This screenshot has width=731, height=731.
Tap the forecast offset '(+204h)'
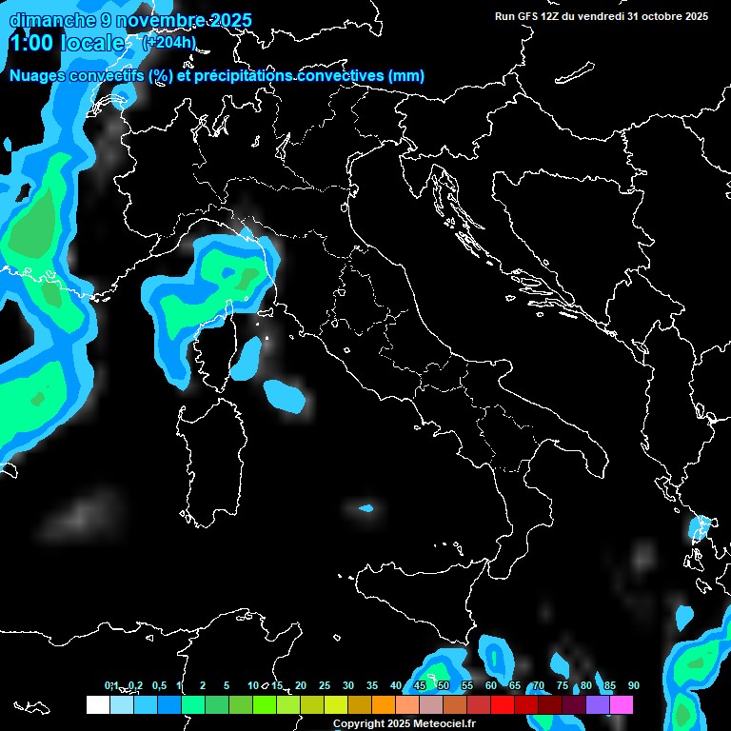pyautogui.click(x=168, y=42)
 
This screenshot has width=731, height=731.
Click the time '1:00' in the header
pyautogui.click(x=31, y=43)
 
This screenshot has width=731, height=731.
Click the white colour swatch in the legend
pyautogui.click(x=97, y=704)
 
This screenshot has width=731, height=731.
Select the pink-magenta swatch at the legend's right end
pyautogui.click(x=622, y=704)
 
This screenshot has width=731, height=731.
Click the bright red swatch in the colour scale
pyautogui.click(x=503, y=704)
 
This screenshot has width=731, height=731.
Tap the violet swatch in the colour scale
pyautogui.click(x=598, y=704)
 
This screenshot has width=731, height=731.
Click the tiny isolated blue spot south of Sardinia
pyautogui.click(x=366, y=508)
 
